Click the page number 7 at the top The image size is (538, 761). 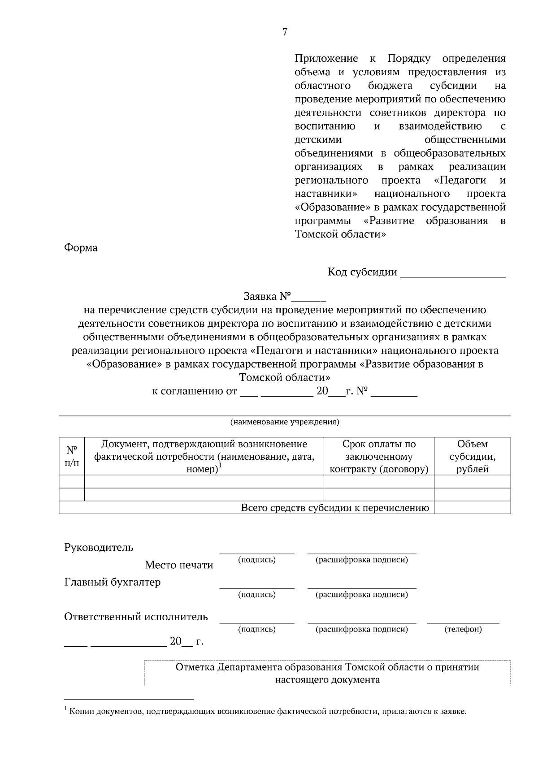285,32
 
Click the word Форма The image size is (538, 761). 81,248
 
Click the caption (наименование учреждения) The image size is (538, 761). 285,422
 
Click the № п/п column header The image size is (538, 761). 72,456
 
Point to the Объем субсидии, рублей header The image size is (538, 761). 472,456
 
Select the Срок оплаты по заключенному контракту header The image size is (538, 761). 379,456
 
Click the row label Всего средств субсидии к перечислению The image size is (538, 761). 335,508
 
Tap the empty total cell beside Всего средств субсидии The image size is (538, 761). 472,508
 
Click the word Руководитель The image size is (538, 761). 99,547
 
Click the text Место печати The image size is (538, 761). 178,565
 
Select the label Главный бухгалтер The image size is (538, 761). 112,582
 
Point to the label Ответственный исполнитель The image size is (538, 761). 136,617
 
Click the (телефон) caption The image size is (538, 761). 463,629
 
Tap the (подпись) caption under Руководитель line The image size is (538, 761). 256,560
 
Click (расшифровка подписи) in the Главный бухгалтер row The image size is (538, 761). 362,595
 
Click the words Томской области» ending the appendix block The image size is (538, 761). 340,234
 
